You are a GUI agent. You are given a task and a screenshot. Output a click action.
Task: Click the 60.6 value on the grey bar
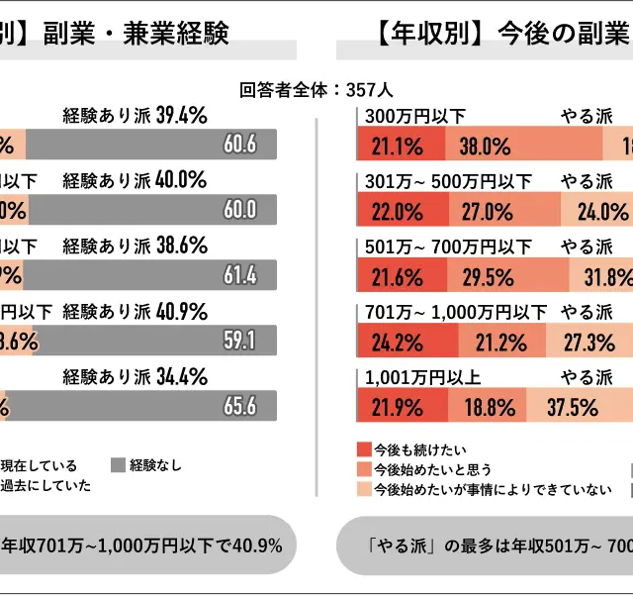click(240, 145)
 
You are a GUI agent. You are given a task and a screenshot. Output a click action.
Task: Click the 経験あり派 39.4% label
click(134, 116)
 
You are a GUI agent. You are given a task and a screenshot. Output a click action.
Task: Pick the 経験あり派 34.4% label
click(134, 377)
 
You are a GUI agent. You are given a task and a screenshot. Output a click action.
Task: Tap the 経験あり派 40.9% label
click(134, 312)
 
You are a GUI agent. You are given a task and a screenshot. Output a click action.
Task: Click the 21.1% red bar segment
click(397, 147)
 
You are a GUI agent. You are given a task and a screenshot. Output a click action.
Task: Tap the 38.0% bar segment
click(485, 147)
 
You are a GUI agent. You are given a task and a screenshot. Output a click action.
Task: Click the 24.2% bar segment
click(397, 343)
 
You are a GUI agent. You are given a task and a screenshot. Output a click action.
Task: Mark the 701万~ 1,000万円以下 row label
click(455, 312)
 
